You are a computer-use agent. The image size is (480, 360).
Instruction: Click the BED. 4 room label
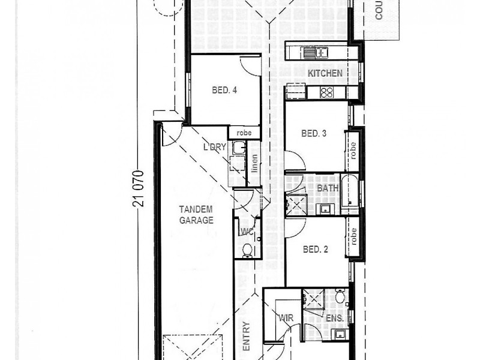click(225, 91)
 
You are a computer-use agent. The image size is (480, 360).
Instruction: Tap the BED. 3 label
click(313, 134)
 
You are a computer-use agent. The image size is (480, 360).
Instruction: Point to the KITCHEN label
click(325, 73)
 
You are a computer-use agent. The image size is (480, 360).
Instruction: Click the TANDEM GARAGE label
click(196, 215)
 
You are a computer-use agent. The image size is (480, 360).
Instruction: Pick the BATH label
click(328, 188)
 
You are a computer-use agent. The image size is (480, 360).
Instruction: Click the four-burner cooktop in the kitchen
click(326, 92)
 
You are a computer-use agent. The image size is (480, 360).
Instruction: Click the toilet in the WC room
click(247, 250)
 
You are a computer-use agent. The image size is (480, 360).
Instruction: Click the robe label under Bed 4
click(244, 133)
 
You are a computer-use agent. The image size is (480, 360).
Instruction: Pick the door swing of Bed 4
click(249, 65)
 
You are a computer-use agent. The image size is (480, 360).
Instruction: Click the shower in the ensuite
click(313, 298)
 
